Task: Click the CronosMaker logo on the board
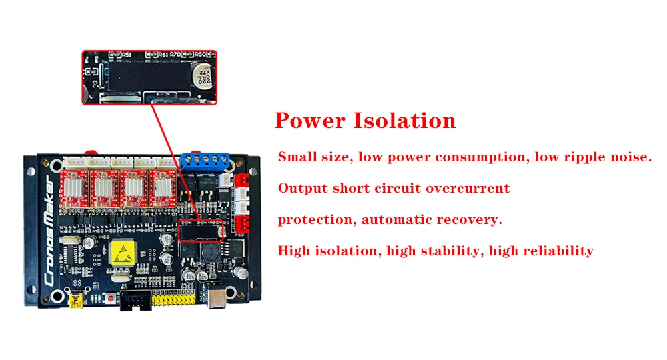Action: tap(50, 230)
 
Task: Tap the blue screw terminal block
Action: tap(205, 161)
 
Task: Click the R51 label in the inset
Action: tap(125, 54)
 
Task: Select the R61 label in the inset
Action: tap(163, 54)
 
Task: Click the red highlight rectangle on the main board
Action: tap(201, 229)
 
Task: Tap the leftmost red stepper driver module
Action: tap(75, 189)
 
